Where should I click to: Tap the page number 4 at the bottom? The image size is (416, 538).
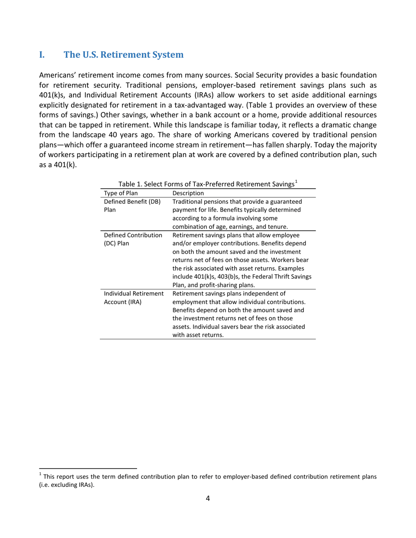(x=208, y=498)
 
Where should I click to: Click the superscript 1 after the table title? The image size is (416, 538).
(x=296, y=182)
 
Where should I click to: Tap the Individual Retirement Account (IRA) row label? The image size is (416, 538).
(x=134, y=293)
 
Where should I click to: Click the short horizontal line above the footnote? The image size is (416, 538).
(x=88, y=468)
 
